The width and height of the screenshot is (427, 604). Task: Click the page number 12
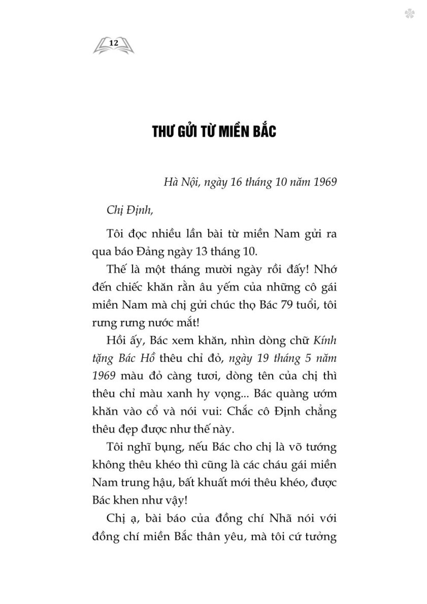coord(113,43)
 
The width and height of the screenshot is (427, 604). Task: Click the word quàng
coord(278,394)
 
